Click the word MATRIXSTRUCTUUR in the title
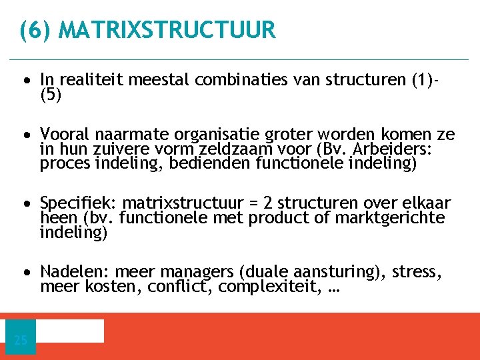click(167, 30)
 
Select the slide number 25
click(21, 341)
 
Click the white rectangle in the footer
click(69, 331)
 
